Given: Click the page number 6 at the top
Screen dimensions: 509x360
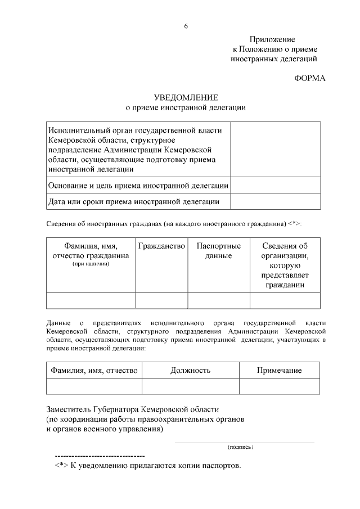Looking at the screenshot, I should pos(186,26).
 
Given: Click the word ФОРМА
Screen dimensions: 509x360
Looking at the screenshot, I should pos(310,78).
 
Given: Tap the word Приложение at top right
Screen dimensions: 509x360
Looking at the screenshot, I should pos(272,39).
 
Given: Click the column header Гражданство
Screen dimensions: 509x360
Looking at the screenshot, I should pos(161,246).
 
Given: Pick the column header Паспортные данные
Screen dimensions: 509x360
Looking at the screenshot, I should pos(219,251).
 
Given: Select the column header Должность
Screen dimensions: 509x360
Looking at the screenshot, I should pos(190,370).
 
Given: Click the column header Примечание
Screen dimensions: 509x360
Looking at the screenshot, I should pos(279,370).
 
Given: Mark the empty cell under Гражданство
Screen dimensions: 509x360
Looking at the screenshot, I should pos(161,301).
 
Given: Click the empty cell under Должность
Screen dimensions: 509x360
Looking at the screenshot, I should pos(190,386).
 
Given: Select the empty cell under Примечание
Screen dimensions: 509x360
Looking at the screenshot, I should pos(279,386).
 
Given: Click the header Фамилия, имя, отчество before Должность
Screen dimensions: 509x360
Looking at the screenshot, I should pos(94,370).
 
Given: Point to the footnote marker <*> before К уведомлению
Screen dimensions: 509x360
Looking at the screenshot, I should pos(62,466).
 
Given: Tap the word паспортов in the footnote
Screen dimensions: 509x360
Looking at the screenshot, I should pos(220,466).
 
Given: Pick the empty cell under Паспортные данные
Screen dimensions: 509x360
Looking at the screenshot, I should pos(219,301).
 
